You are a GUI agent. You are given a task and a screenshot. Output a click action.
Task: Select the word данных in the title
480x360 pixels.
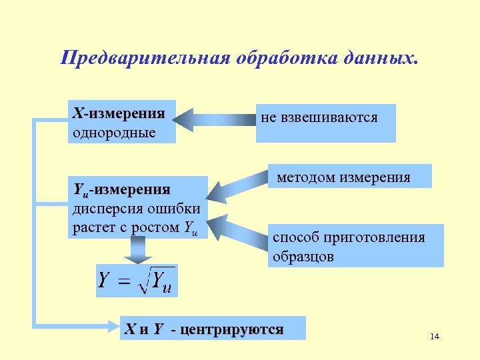pos(385,57)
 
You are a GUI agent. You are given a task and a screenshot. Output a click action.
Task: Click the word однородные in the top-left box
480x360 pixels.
pos(114,131)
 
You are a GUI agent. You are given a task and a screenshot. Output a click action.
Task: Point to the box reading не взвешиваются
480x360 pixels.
pos(325,123)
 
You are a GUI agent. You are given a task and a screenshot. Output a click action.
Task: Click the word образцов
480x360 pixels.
pos(303,256)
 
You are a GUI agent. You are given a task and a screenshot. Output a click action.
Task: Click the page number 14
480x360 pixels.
pos(435,336)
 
